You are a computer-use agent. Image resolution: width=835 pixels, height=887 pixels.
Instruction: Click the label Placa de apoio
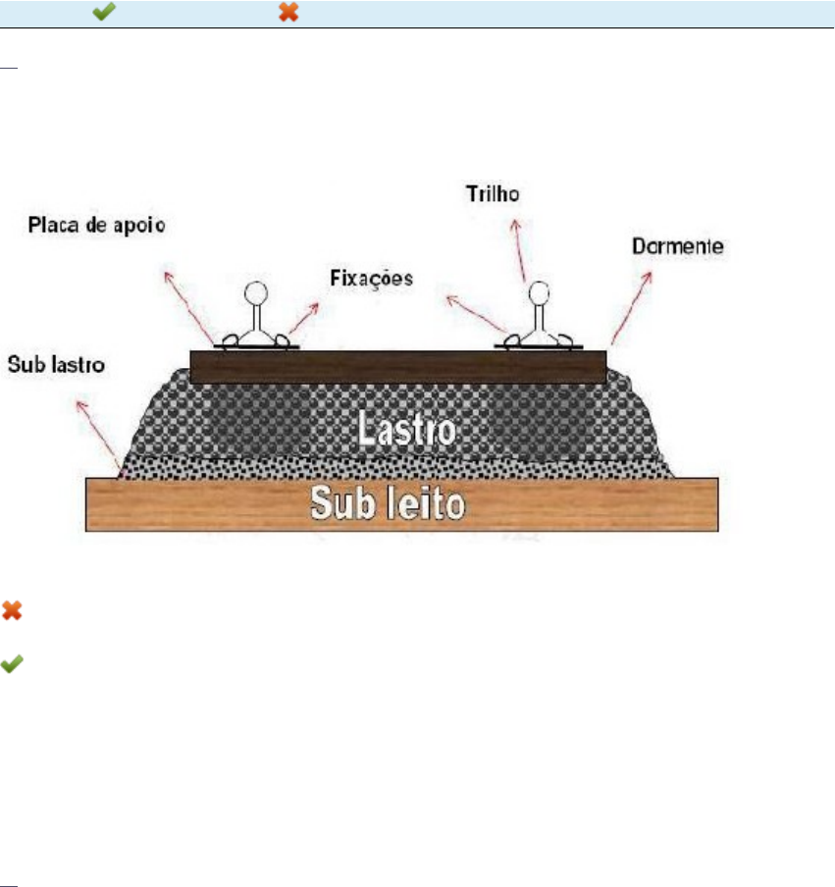(x=95, y=225)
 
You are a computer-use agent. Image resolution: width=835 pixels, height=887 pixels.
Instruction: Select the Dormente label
(x=679, y=246)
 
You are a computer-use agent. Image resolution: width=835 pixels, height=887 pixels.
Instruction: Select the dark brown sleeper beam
(x=397, y=367)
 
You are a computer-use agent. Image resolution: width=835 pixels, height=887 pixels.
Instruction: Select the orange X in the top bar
(x=287, y=13)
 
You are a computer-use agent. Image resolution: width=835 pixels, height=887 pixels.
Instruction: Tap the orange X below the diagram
(x=12, y=610)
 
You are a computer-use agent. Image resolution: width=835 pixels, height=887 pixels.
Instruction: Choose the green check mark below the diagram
(x=12, y=664)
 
